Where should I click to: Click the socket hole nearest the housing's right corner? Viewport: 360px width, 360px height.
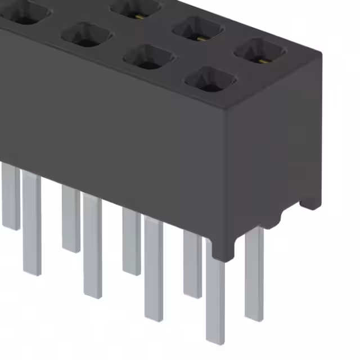(260, 51)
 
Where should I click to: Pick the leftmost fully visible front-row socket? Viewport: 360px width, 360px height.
(87, 34)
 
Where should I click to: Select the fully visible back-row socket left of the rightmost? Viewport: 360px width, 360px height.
(197, 29)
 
